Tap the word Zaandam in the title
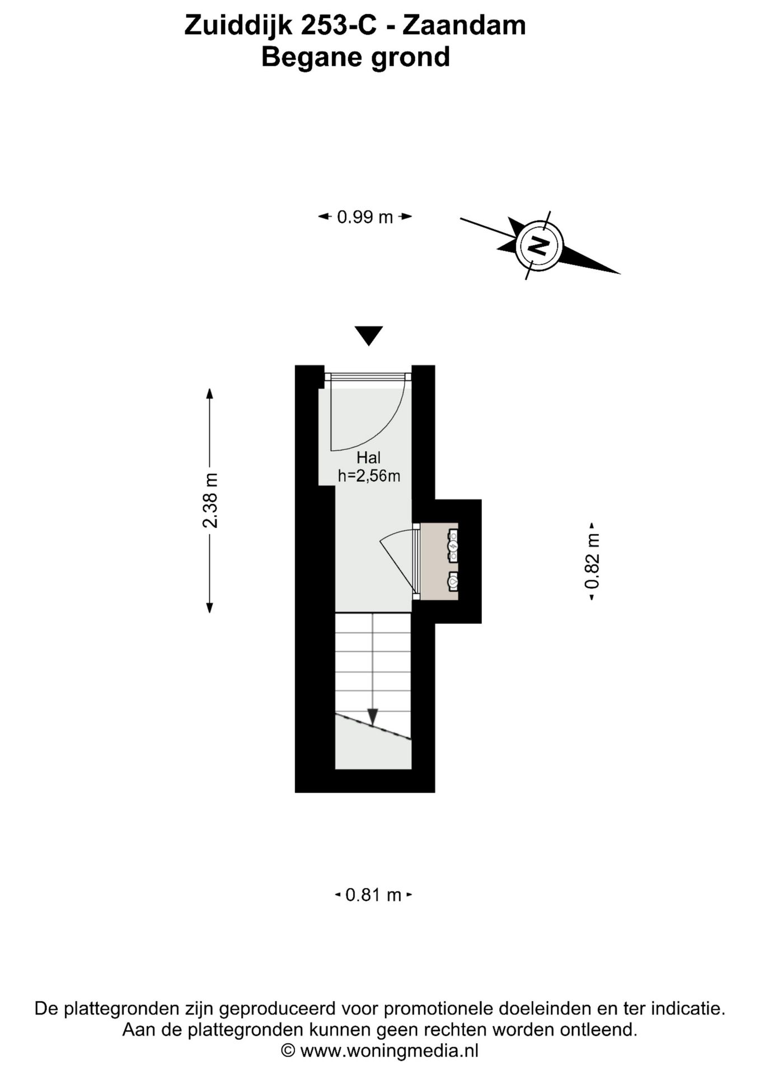[x=464, y=26]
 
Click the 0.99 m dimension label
[x=365, y=217]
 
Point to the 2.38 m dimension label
[x=210, y=500]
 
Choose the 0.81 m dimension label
[x=373, y=895]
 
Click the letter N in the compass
[x=538, y=245]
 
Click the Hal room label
[x=368, y=457]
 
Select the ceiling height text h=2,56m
[x=369, y=476]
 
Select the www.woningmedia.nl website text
[x=390, y=1051]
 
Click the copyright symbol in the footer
[x=288, y=1051]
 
